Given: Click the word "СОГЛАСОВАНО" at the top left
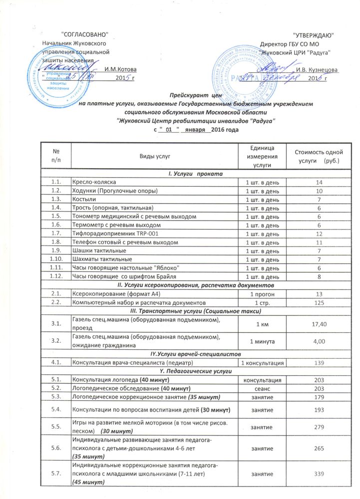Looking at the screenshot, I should (84, 34).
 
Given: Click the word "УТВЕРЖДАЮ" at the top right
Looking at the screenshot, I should (313, 35).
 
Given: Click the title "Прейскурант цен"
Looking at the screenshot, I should (195, 94).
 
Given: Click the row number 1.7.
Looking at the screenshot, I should (56, 233).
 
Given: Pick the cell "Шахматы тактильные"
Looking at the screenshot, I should (103, 259).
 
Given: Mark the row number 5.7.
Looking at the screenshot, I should (56, 473).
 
